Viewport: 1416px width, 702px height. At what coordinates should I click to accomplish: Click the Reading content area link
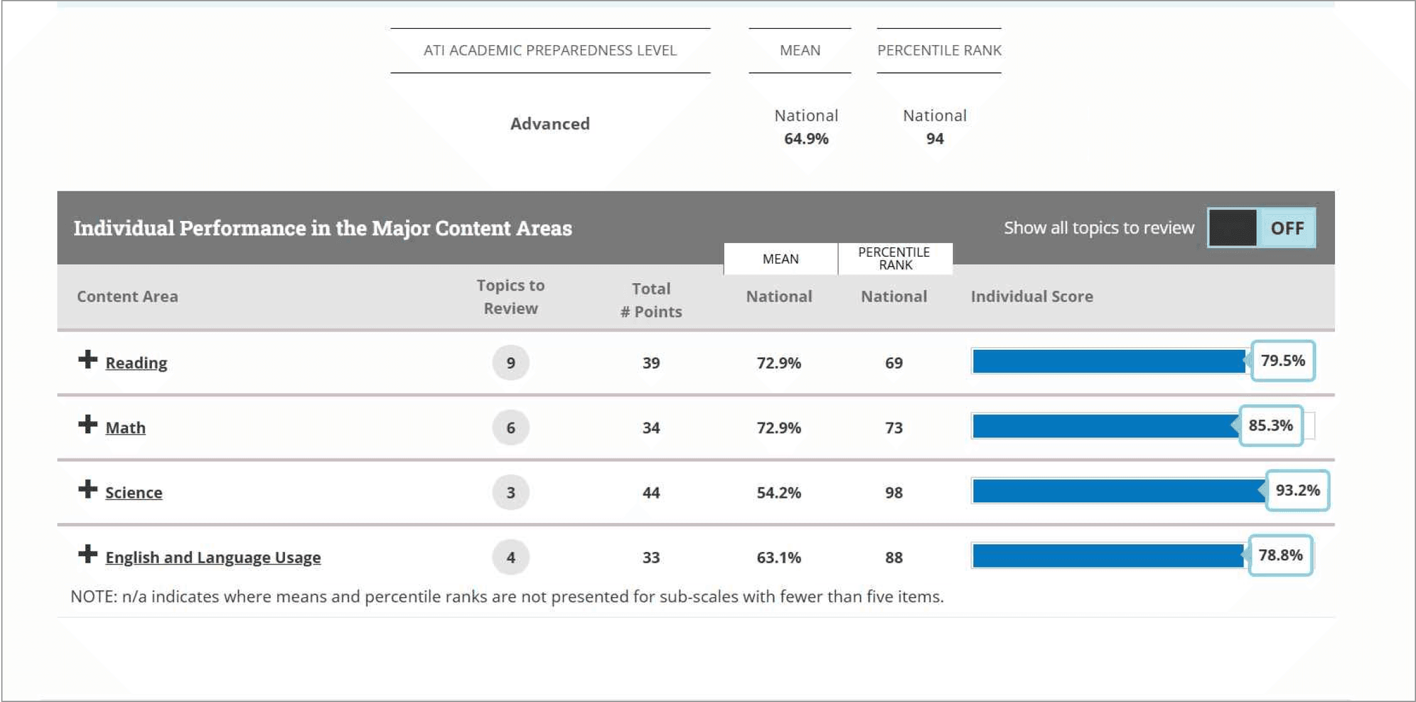click(136, 363)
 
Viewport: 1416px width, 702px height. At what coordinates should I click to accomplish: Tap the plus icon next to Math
click(88, 424)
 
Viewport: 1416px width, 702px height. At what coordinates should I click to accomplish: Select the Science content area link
click(134, 493)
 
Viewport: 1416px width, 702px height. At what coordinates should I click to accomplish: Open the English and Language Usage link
click(213, 558)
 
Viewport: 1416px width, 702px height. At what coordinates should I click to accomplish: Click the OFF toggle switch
click(1262, 228)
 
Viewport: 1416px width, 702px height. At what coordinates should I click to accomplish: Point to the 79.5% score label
click(1282, 361)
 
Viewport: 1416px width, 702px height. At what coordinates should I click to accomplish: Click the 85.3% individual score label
click(1270, 426)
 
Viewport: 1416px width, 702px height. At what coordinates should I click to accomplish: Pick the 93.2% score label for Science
click(1297, 490)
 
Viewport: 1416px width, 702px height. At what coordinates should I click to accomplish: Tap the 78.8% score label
click(1280, 555)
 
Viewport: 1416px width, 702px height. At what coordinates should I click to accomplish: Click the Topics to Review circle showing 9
click(511, 363)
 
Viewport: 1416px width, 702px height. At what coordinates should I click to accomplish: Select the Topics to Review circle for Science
click(511, 493)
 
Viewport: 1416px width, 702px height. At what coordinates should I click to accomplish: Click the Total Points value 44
click(651, 493)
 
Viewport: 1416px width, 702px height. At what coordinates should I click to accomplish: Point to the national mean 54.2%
click(779, 493)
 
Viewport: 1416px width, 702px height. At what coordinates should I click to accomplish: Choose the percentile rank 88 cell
click(894, 558)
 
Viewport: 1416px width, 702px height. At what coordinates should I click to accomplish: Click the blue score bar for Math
click(1105, 426)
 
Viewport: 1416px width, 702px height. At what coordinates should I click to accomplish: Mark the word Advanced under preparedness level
click(550, 124)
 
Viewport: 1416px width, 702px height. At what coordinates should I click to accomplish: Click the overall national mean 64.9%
click(806, 139)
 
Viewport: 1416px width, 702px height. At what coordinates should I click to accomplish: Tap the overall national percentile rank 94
click(935, 139)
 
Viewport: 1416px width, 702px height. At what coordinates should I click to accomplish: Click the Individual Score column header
click(1032, 296)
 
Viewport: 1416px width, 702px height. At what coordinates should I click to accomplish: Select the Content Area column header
click(127, 296)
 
